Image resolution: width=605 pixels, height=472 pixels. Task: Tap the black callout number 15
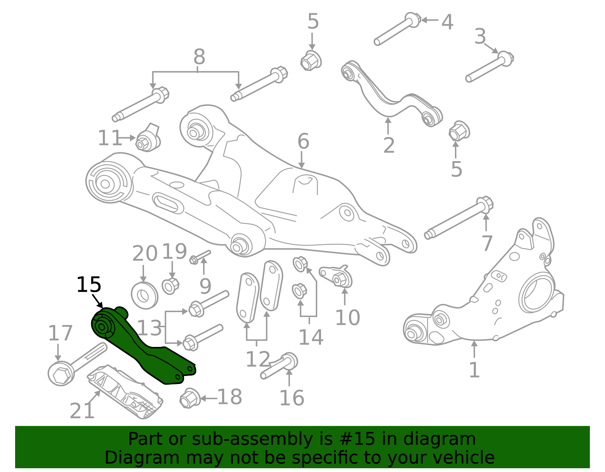pyautogui.click(x=89, y=285)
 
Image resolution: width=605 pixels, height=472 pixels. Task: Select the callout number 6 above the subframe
pyautogui.click(x=303, y=142)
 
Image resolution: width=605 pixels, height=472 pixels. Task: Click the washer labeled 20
pyautogui.click(x=144, y=295)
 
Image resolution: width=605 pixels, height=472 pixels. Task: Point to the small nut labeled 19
pyautogui.click(x=170, y=286)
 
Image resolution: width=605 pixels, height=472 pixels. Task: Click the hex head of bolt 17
pyautogui.click(x=60, y=374)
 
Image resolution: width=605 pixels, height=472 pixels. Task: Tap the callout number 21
pyautogui.click(x=82, y=411)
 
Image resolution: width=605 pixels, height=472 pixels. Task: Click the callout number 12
pyautogui.click(x=258, y=359)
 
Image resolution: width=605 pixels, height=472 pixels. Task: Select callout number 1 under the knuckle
pyautogui.click(x=474, y=370)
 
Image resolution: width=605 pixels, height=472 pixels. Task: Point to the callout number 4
pyautogui.click(x=447, y=22)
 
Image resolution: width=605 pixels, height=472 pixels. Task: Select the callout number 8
pyautogui.click(x=199, y=57)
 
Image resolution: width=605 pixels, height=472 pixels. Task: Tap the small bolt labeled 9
pyautogui.click(x=201, y=257)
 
